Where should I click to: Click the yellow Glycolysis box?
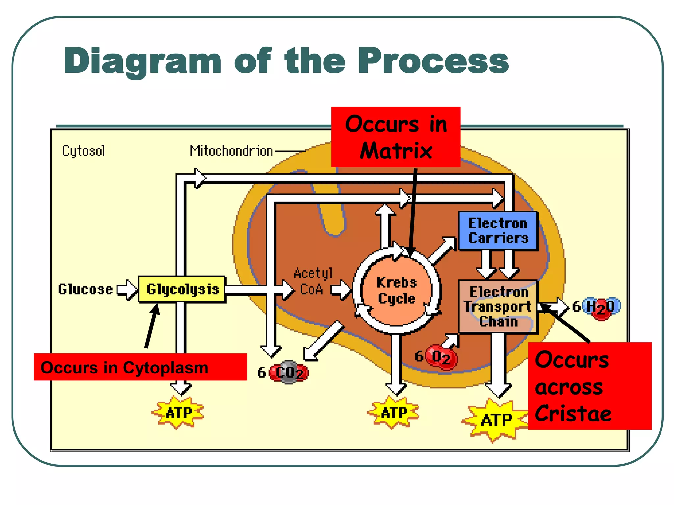pyautogui.click(x=182, y=289)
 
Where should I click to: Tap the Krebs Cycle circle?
pyautogui.click(x=397, y=291)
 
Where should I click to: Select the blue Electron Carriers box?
pyautogui.click(x=498, y=231)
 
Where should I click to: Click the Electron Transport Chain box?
pyautogui.click(x=498, y=306)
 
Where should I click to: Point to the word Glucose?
pyautogui.click(x=85, y=289)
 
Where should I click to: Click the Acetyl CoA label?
pyautogui.click(x=313, y=281)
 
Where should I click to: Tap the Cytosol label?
pyautogui.click(x=83, y=151)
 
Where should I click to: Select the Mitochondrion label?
pyautogui.click(x=231, y=151)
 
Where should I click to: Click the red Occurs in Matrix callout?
pyautogui.click(x=396, y=137)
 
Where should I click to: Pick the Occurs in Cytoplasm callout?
pyautogui.click(x=140, y=367)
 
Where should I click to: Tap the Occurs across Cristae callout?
pyautogui.click(x=589, y=386)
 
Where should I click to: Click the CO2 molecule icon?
pyautogui.click(x=289, y=373)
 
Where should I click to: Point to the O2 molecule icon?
pyautogui.click(x=441, y=357)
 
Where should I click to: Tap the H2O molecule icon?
pyautogui.click(x=601, y=307)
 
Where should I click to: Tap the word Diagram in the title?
pyautogui.click(x=143, y=61)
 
